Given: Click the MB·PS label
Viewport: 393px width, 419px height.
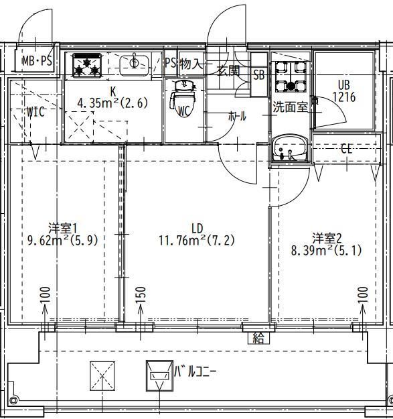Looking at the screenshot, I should click(x=37, y=62).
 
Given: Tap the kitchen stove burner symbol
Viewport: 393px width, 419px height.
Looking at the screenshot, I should click(x=86, y=64).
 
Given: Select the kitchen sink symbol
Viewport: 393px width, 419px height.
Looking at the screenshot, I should click(x=135, y=64).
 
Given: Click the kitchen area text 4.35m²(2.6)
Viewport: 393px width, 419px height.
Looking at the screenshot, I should click(x=112, y=103).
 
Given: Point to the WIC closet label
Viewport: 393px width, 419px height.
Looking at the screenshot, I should click(x=35, y=112).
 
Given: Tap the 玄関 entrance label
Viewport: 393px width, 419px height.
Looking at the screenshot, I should click(x=228, y=70).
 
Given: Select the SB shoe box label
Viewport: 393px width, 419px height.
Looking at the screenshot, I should click(x=258, y=75).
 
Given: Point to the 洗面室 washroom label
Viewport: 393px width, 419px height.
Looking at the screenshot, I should click(x=289, y=106).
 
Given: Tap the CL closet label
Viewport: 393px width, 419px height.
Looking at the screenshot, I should click(x=345, y=149).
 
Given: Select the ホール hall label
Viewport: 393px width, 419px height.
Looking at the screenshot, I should click(x=237, y=116).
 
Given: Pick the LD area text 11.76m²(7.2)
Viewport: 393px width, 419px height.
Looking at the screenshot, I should click(x=196, y=239).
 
